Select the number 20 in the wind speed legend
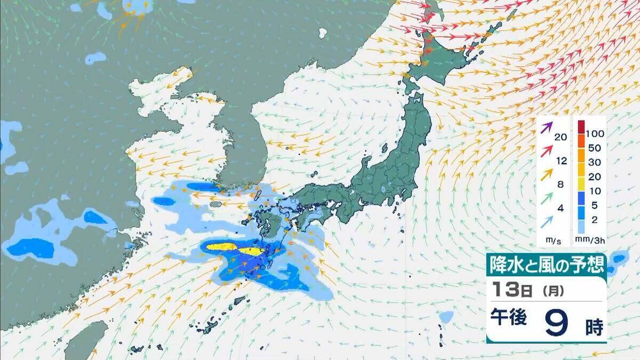560,137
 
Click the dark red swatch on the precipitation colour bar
581,127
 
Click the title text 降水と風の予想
546,264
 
